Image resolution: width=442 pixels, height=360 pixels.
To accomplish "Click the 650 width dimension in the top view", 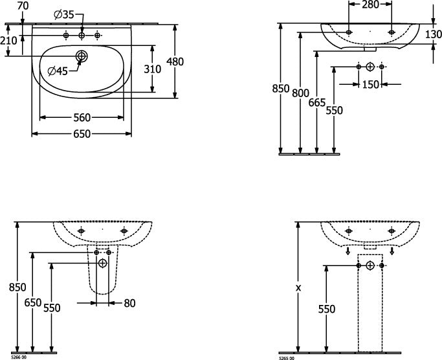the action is pos(82,134).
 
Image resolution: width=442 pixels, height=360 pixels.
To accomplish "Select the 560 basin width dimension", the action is pos(82,117).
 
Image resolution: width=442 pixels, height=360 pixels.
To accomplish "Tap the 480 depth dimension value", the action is pos(175,62).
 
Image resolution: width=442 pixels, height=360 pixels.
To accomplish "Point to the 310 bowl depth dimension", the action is pos(152,69).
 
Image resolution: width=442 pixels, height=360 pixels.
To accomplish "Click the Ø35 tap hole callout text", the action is pos(63,14).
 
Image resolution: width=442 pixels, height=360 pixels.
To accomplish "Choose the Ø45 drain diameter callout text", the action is pos(58,71).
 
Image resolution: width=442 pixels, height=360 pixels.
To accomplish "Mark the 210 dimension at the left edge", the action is pos(8,41).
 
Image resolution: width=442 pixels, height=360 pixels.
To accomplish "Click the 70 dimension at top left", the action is pos(23,6).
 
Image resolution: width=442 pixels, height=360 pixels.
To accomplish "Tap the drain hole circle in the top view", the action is pos(82,56).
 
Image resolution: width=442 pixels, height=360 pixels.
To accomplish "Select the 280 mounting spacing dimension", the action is pos(370,5).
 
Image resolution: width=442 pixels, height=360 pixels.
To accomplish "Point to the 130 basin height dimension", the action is pos(433,34).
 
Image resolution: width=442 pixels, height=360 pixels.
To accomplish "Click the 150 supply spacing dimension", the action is pos(370,84).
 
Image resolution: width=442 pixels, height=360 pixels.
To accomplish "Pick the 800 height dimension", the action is pos(300,93).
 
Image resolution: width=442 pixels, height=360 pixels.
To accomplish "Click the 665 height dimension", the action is pos(317,103).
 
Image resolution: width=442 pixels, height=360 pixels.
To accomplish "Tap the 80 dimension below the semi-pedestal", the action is pos(129,303).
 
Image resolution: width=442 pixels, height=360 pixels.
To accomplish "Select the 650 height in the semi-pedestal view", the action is pos(33,303).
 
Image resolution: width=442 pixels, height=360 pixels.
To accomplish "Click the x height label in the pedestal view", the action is pos(298,288).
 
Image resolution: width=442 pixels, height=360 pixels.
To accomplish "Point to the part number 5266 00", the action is pos(19,357).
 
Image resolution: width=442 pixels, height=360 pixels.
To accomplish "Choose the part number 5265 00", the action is pos(287,358).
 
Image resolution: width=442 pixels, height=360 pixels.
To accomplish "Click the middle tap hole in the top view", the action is pos(82,35).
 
